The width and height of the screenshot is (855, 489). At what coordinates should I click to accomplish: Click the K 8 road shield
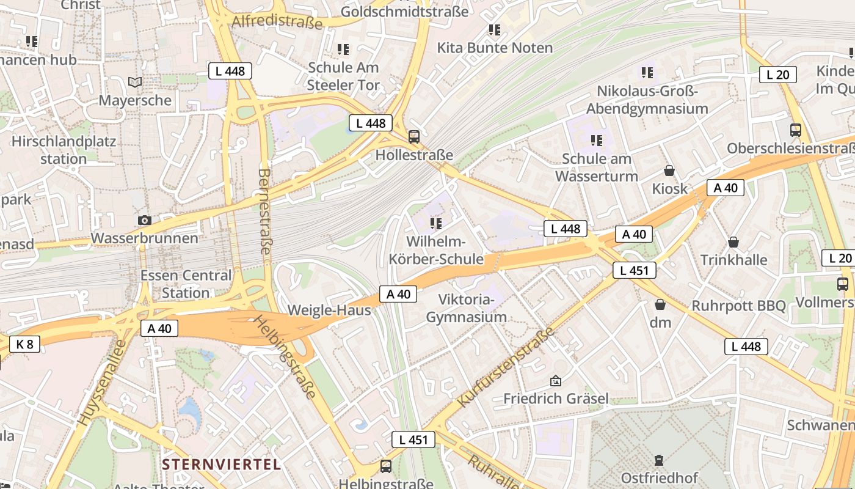click(25, 344)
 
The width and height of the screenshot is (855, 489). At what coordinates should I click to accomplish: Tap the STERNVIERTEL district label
click(222, 464)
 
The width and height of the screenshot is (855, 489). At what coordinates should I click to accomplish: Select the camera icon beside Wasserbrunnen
click(145, 220)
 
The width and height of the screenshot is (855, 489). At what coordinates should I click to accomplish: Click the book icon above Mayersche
click(135, 82)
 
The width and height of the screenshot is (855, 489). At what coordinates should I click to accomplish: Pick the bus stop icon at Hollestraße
click(414, 136)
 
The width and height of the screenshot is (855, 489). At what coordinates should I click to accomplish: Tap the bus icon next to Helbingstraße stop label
click(386, 466)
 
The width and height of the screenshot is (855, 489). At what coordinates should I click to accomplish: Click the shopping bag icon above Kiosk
click(669, 171)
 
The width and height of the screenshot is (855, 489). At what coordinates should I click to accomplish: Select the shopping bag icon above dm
click(660, 304)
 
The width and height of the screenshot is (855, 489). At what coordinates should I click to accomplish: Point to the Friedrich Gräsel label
click(556, 399)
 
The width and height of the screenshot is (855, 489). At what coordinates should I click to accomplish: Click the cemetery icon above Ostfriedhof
click(658, 460)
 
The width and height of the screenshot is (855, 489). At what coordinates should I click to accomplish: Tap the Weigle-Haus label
click(329, 310)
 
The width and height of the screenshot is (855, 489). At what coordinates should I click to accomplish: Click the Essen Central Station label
click(186, 284)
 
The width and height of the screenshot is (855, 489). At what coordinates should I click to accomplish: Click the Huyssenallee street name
click(101, 383)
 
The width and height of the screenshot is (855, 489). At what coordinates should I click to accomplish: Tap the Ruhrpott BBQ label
click(738, 305)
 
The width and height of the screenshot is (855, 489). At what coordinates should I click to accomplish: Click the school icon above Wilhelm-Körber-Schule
click(435, 223)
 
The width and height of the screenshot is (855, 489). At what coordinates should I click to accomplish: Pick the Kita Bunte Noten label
click(495, 48)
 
